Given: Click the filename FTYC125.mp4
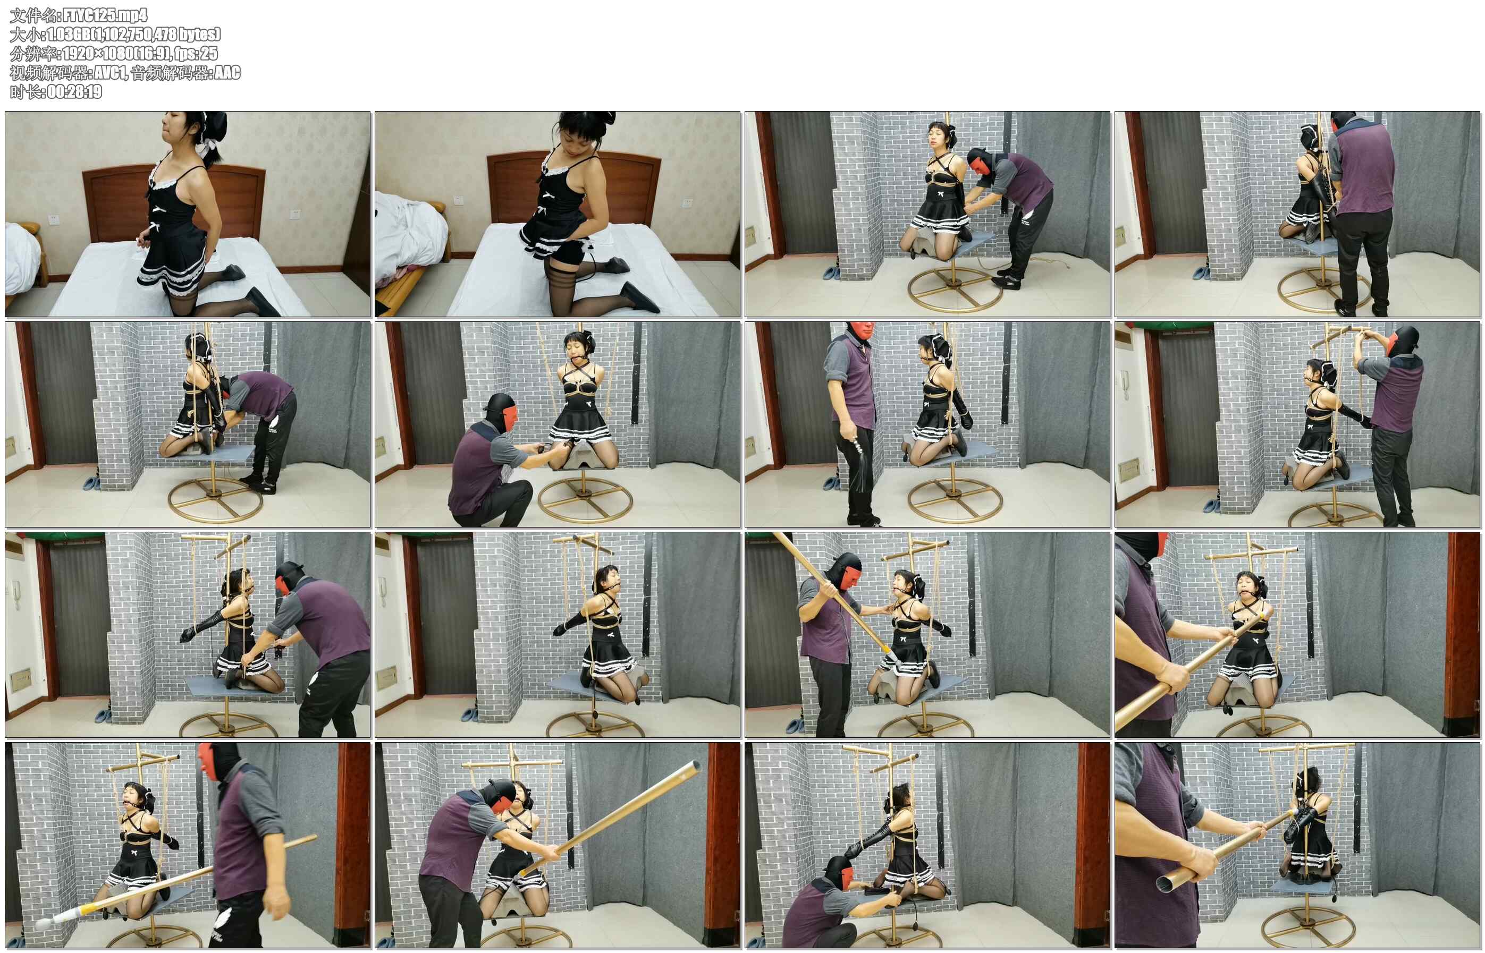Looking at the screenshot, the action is pos(105,15).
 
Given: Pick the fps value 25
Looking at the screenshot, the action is pos(210,53).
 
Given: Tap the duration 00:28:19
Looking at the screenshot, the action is pos(74,91).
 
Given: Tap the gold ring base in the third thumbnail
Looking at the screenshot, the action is pos(955,289).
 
